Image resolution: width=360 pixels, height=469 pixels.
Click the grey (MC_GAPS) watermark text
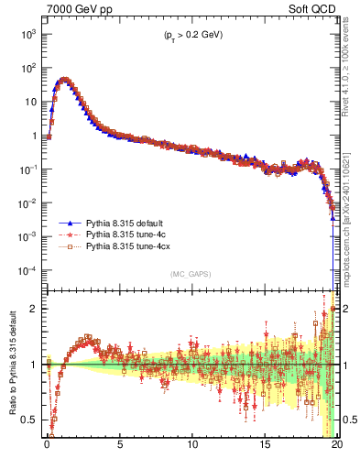click(191, 274)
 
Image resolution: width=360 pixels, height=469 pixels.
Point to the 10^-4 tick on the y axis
click(29, 271)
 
